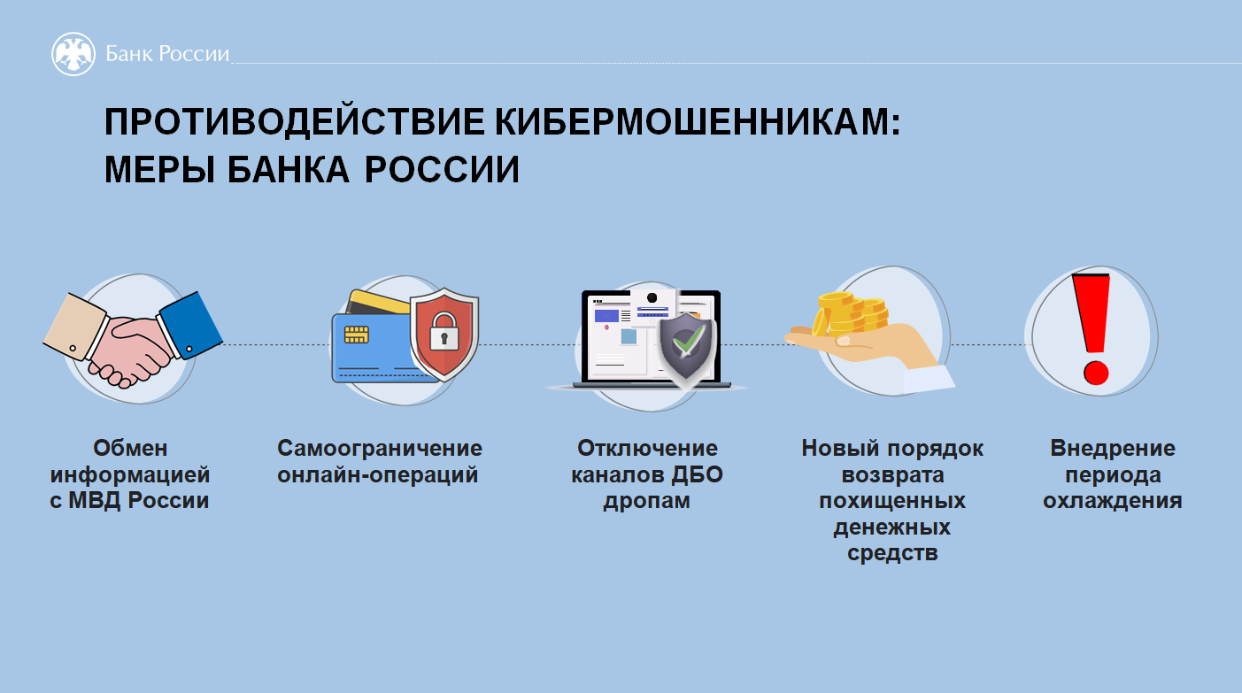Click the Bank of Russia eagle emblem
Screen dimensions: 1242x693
point(73,54)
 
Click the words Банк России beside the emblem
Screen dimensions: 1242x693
point(167,54)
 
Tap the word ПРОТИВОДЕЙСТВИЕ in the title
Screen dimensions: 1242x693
point(295,121)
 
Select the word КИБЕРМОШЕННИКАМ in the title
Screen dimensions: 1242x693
point(698,121)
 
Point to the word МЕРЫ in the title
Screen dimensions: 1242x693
point(159,169)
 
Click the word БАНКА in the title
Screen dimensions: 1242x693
point(289,169)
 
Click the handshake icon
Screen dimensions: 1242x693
point(133,339)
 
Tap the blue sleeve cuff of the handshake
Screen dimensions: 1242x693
point(190,326)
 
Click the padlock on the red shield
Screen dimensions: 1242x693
point(444,331)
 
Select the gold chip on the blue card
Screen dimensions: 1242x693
point(356,335)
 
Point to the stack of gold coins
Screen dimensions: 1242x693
point(850,315)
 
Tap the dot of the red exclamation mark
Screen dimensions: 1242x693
point(1096,373)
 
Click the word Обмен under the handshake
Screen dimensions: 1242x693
point(130,448)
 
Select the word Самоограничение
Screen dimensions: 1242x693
point(380,448)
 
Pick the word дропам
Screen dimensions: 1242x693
point(646,501)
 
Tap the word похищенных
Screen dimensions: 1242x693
point(892,501)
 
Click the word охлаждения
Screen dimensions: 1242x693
point(1112,501)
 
